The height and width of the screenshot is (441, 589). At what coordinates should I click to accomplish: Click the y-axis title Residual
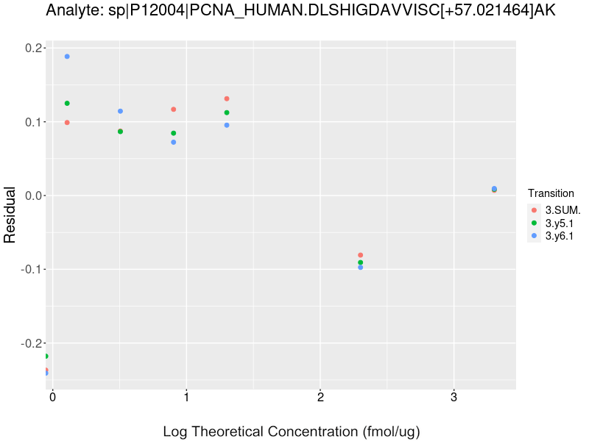(10, 215)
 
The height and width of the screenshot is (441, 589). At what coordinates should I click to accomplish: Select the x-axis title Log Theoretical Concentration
(292, 431)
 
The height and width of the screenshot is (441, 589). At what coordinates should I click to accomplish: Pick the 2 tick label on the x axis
(320, 397)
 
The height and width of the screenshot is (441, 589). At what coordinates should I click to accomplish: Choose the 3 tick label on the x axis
(454, 397)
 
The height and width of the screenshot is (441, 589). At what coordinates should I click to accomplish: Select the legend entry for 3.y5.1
(557, 223)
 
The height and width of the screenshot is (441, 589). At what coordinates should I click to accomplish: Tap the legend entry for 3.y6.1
(557, 236)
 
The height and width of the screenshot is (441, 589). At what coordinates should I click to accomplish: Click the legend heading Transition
(551, 193)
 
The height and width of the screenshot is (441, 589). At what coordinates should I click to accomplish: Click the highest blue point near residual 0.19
(67, 57)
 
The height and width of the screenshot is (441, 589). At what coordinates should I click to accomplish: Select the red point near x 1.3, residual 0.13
(227, 98)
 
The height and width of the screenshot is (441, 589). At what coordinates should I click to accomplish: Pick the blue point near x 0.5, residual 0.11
(120, 111)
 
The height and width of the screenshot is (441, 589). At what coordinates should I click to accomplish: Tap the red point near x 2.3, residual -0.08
(360, 255)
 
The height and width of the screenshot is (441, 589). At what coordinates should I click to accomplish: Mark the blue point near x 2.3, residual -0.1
(360, 268)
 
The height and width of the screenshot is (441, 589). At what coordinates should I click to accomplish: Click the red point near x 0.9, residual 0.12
(174, 110)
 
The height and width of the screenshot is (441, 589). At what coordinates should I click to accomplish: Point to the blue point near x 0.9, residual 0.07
(174, 142)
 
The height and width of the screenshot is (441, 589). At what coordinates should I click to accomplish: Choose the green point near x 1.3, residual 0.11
(227, 112)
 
